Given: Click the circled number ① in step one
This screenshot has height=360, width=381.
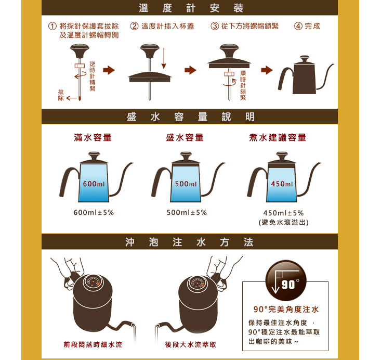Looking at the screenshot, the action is [x=52, y=26].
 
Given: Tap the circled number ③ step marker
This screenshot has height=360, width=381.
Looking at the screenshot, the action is [x=215, y=26].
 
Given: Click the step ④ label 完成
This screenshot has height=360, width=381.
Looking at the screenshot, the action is [x=312, y=26].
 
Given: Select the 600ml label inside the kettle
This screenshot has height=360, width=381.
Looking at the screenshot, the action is [x=94, y=184].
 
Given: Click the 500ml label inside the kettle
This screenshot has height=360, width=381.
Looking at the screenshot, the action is [x=186, y=184].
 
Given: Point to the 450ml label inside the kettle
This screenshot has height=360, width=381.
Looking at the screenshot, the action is [x=282, y=184].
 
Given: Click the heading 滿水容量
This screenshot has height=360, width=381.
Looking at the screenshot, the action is [x=93, y=137].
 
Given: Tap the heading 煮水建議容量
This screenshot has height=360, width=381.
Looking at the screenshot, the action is [x=278, y=137].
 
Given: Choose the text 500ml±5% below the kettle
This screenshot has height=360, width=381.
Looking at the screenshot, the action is [x=187, y=212].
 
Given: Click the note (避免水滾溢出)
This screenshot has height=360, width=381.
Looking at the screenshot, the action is [x=284, y=222].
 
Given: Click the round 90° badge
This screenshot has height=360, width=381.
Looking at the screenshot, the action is [x=286, y=281].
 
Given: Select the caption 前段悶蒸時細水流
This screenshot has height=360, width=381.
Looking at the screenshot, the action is [x=93, y=344].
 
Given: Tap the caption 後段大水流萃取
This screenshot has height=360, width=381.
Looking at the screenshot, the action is [x=190, y=344].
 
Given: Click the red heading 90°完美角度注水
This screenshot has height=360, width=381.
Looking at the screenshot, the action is [x=286, y=309].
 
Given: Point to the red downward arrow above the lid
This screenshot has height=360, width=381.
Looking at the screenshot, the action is [x=164, y=58].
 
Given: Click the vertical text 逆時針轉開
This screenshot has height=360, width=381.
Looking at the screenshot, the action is [x=93, y=76].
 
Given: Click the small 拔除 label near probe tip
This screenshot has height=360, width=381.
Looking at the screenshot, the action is [x=61, y=95].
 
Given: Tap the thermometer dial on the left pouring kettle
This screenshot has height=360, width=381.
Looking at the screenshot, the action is [x=93, y=282].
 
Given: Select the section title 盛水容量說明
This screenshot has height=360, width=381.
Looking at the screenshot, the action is [x=190, y=117].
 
